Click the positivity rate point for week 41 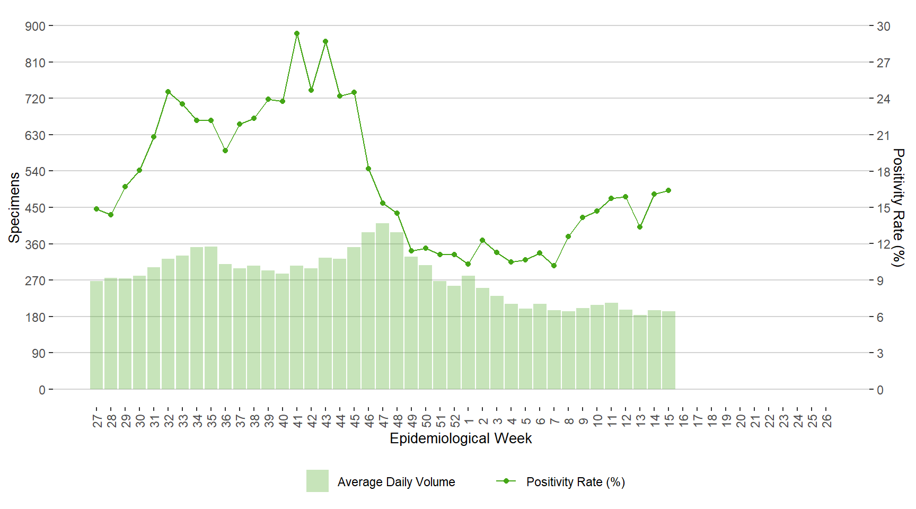click(x=297, y=33)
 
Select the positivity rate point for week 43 click(x=325, y=41)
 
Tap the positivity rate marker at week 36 click(x=225, y=151)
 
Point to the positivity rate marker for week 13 click(x=640, y=227)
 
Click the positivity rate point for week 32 click(x=168, y=92)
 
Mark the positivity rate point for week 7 click(x=554, y=266)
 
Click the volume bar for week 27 click(x=96, y=335)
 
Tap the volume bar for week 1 click(x=468, y=332)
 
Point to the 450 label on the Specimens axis click(x=36, y=208)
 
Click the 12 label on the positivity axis click(x=883, y=244)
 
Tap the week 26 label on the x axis click(x=827, y=421)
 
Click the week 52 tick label click(x=455, y=421)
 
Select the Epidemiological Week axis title click(x=461, y=438)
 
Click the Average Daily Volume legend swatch click(x=317, y=481)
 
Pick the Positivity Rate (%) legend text click(x=575, y=482)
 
